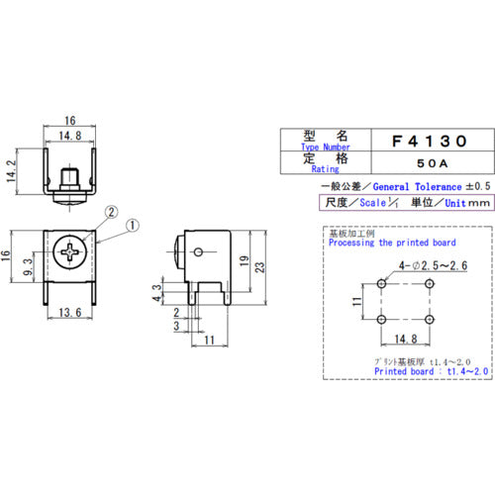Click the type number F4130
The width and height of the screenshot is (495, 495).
[x=420, y=142]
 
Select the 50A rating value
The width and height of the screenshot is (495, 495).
[x=420, y=162]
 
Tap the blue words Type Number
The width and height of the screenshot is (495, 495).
[x=313, y=148]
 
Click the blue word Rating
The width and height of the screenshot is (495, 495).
[x=313, y=169]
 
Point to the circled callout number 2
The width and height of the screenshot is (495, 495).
[x=110, y=211]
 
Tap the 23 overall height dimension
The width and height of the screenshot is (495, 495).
[x=258, y=266]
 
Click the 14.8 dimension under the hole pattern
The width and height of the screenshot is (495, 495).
[x=407, y=336]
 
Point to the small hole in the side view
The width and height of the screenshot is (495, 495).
[x=201, y=252]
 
